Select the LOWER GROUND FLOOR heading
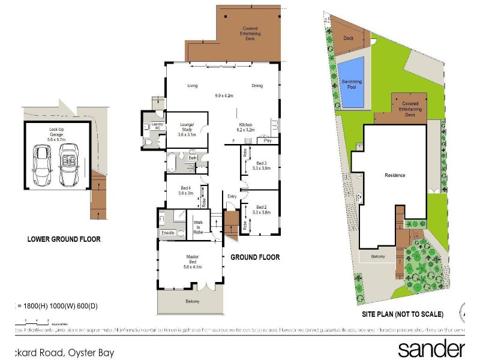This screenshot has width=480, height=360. [64, 239]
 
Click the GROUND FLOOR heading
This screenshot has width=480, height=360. [255, 257]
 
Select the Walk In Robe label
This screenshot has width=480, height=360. [199, 226]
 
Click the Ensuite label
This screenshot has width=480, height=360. [167, 233]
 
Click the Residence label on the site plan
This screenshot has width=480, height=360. [395, 176]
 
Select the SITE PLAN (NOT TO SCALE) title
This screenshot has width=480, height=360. [402, 314]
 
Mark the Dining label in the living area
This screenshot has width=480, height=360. [257, 86]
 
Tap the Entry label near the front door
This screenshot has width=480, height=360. [232, 196]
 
